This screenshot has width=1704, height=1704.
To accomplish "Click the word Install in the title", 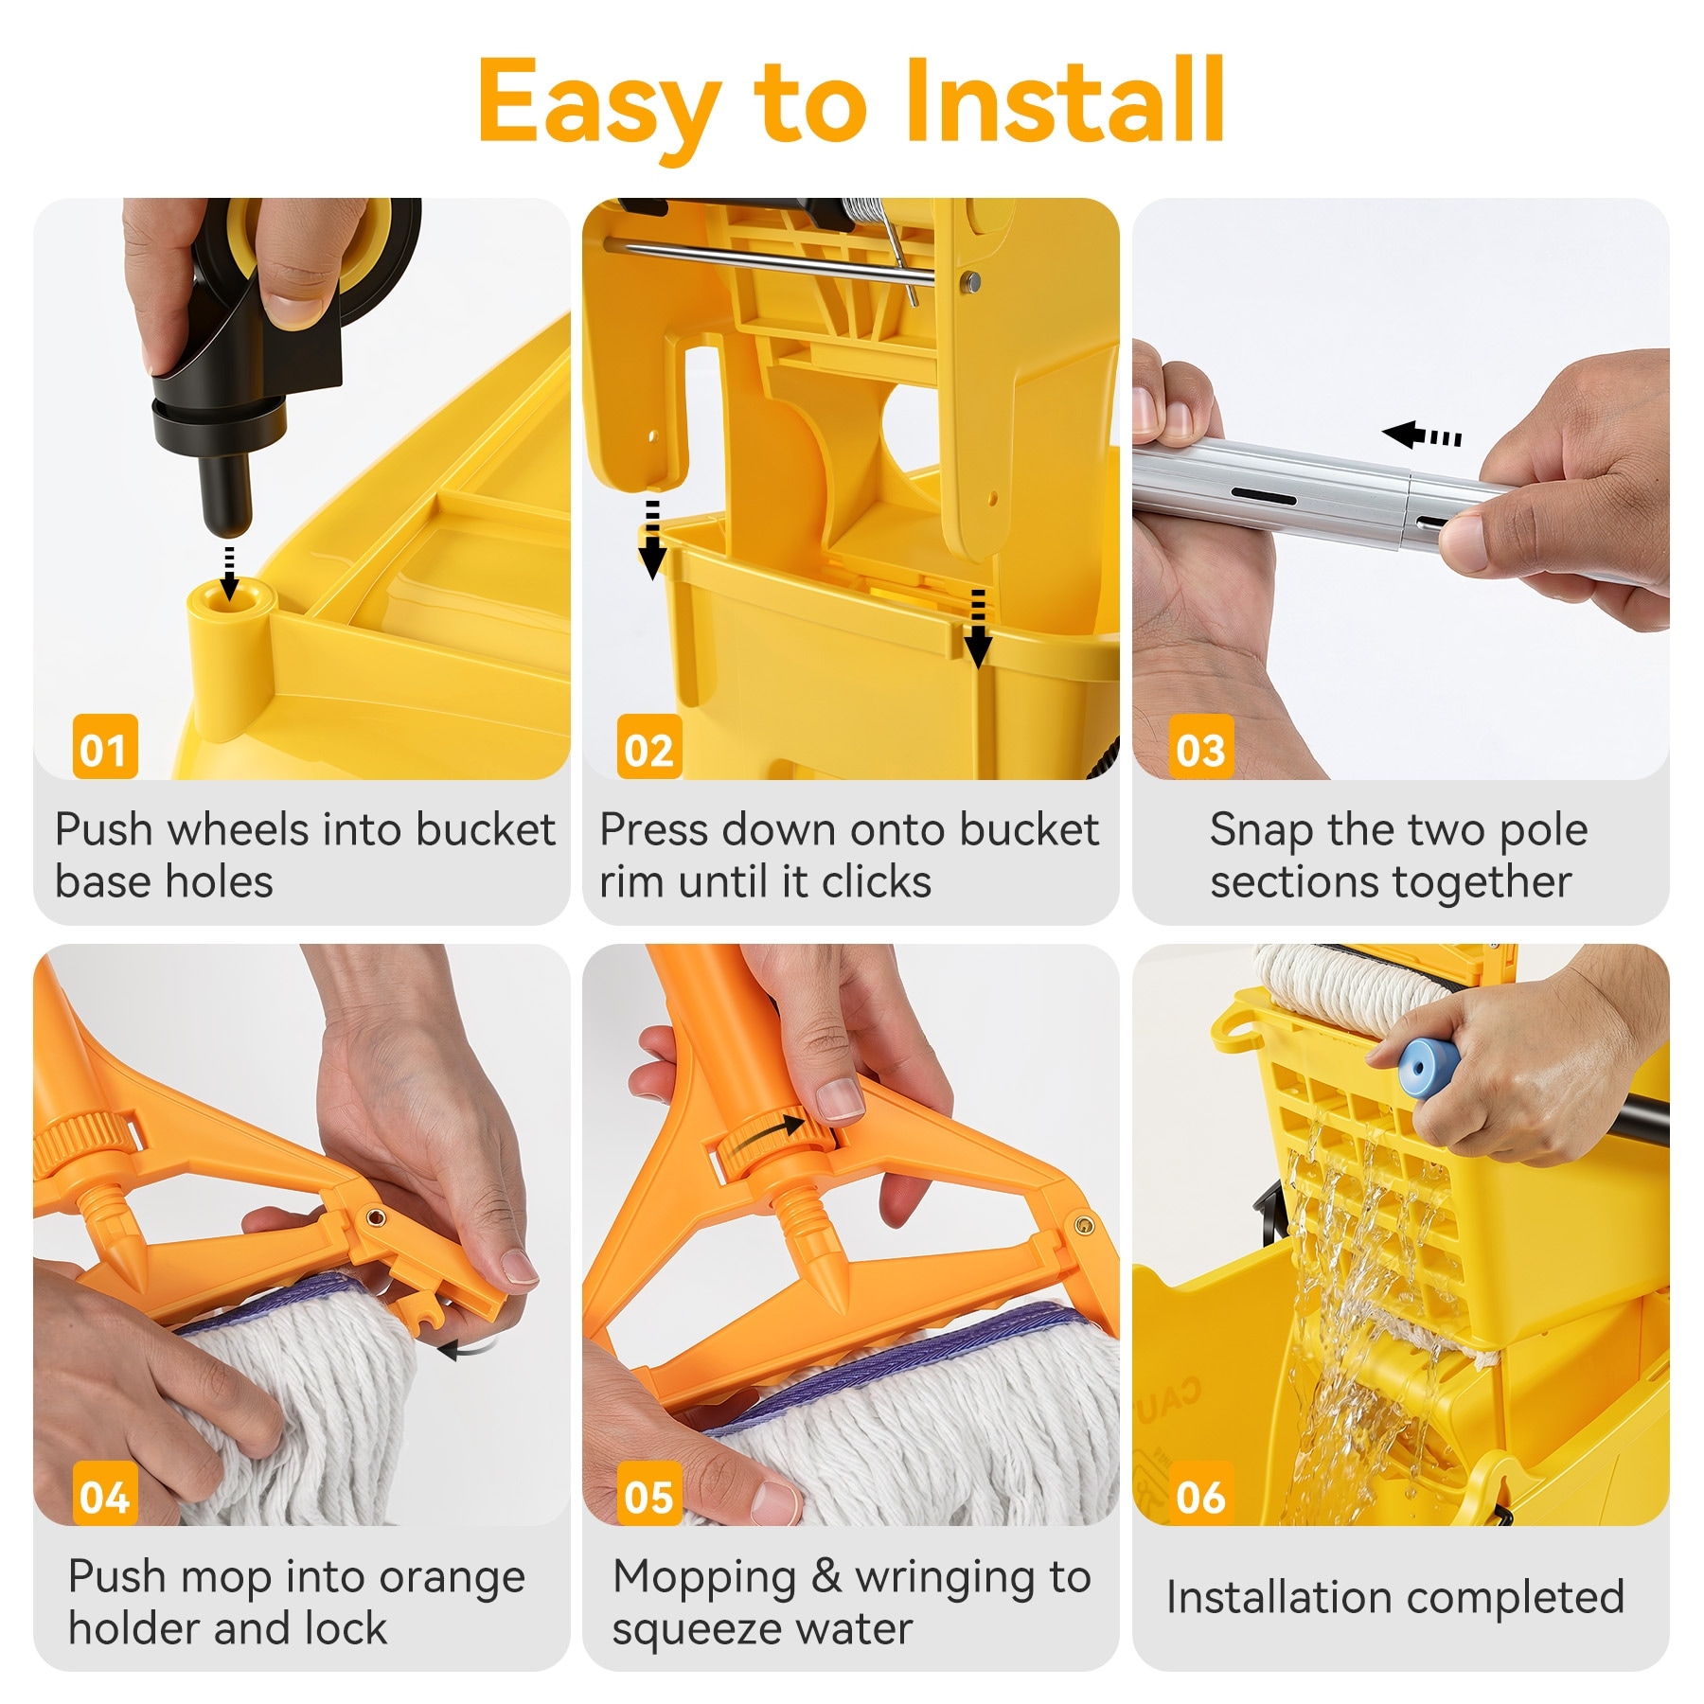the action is click(x=1065, y=99).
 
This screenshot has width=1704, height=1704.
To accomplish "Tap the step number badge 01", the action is click(x=105, y=747).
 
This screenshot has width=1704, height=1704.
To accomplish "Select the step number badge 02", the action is click(x=649, y=747).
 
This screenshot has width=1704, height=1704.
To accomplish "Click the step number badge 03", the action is click(x=1201, y=747).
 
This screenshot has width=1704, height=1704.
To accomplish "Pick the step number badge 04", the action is click(x=105, y=1493).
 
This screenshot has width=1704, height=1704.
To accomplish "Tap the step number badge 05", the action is click(x=649, y=1493).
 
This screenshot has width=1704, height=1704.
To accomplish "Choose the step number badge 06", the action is click(x=1201, y=1493).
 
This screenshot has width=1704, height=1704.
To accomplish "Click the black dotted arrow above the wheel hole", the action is click(x=228, y=571).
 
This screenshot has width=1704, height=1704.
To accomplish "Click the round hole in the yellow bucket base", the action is click(x=230, y=599).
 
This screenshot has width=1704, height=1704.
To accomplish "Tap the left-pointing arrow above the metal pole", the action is click(x=1421, y=435).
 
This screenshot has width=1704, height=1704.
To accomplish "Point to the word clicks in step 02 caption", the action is click(x=877, y=882).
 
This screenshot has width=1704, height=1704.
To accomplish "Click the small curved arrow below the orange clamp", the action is click(x=467, y=1348).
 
